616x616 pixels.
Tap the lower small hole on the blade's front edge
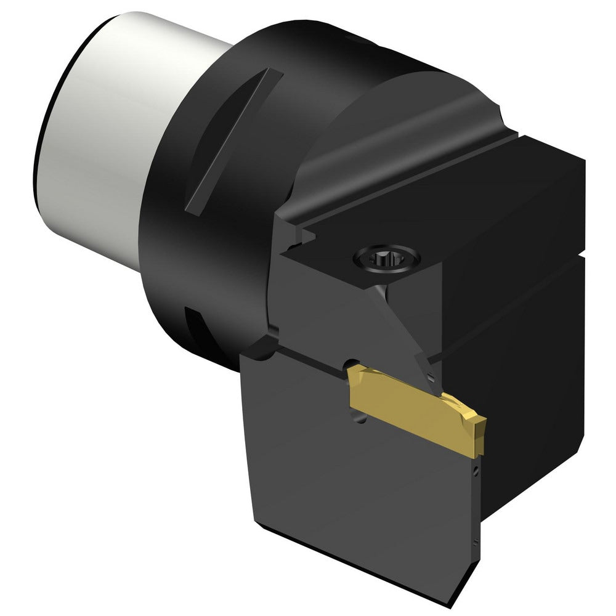pos(475,543)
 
